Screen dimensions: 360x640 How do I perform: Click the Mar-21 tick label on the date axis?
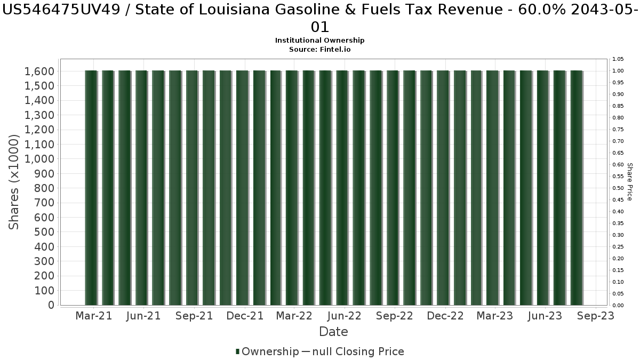click(94, 316)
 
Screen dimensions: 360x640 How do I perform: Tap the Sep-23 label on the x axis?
click(595, 316)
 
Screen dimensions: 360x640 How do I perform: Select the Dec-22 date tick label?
click(445, 316)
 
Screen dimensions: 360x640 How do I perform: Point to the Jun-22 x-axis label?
click(345, 316)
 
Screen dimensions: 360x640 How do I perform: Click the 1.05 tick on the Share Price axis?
click(618, 59)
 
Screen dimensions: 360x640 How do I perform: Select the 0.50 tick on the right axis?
click(618, 188)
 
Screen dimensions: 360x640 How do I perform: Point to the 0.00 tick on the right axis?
click(618, 306)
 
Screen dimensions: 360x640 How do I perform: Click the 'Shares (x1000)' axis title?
click(14, 182)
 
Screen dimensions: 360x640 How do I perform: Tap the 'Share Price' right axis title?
click(630, 182)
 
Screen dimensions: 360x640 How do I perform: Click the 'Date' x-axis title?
click(333, 332)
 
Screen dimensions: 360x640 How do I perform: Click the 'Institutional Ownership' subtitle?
click(319, 41)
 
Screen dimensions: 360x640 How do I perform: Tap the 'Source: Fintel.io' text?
click(319, 49)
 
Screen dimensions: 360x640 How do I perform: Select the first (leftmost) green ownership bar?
click(91, 188)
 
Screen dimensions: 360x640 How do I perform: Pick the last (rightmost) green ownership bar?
click(577, 188)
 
